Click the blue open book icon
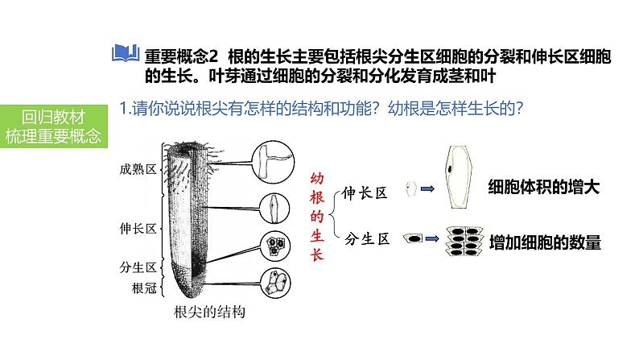click(126, 56)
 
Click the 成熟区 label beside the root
click(137, 169)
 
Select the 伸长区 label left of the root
click(137, 229)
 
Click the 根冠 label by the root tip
click(143, 288)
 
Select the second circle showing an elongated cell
click(273, 207)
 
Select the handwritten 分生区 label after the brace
click(367, 239)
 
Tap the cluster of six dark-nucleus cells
click(466, 239)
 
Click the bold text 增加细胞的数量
click(545, 240)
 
